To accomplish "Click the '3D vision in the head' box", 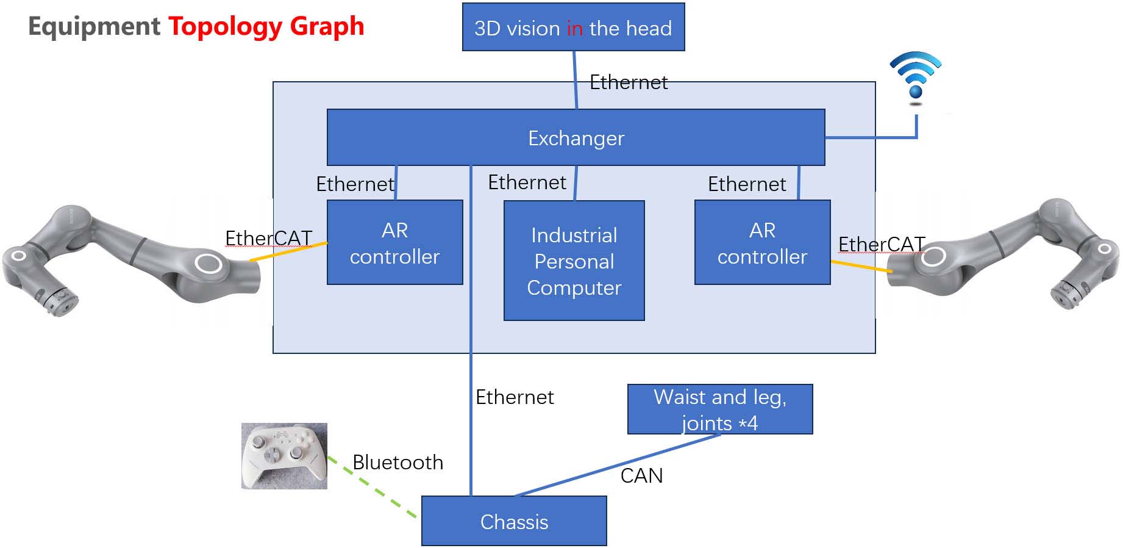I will coord(573,27).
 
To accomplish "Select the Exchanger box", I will coord(576,138).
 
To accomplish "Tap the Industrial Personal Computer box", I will coord(574,261).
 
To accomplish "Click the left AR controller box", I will coord(394,243).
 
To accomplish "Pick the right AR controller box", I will coord(762,243).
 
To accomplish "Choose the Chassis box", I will coord(514,521).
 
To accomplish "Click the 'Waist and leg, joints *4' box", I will coord(719,409).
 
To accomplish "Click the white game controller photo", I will coord(284,456).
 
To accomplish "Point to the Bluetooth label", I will coord(398,463).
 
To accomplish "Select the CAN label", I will coord(641,475).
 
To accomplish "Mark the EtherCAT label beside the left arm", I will coord(268,238).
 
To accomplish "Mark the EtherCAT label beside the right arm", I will coord(881,244).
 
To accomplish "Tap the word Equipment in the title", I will coord(94,26).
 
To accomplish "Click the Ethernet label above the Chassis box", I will coord(515,397).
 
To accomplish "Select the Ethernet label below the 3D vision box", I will coord(629,82).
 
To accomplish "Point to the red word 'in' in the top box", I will coord(574,29).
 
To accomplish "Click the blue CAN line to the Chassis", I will coord(616,466).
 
